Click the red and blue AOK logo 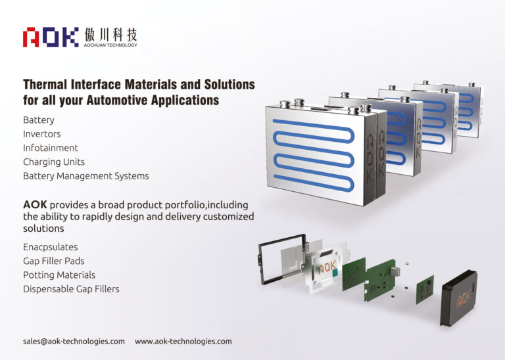pyautogui.click(x=51, y=37)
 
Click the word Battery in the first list pyautogui.click(x=39, y=120)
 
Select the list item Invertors pyautogui.click(x=41, y=134)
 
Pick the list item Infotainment pyautogui.click(x=51, y=148)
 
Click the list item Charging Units pyautogui.click(x=54, y=162)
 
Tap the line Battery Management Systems pyautogui.click(x=86, y=176)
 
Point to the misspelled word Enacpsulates pyautogui.click(x=50, y=247)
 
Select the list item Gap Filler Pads pyautogui.click(x=54, y=261)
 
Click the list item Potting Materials pyautogui.click(x=59, y=275)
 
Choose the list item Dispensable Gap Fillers pyautogui.click(x=71, y=288)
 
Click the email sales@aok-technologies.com pyautogui.click(x=74, y=342)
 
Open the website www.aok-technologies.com pyautogui.click(x=183, y=342)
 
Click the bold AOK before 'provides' pyautogui.click(x=35, y=204)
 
